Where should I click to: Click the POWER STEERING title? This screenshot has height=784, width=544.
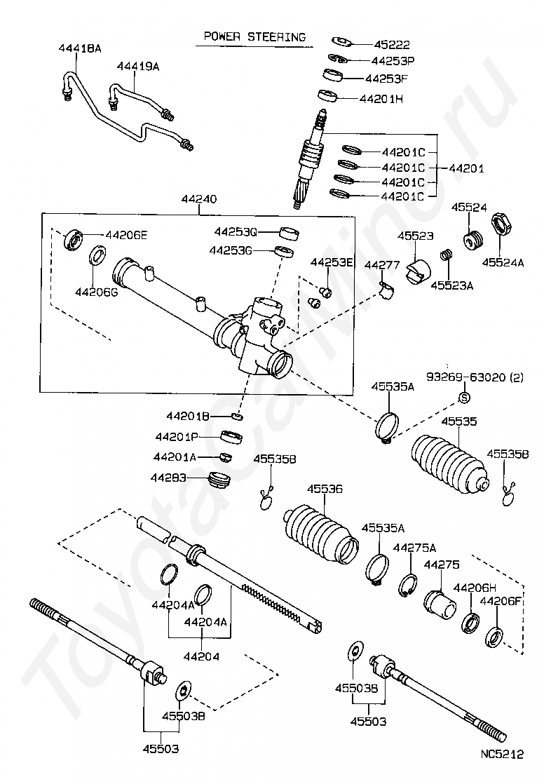254,36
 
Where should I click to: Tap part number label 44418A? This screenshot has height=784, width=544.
79,48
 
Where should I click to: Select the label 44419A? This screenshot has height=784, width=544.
138,66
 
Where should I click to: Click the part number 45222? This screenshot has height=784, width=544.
392,44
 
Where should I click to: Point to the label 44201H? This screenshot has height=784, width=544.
381,98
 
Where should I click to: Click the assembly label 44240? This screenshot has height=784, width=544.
199,199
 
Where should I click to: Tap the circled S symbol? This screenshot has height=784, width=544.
465,398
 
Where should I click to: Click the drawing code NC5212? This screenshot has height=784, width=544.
502,754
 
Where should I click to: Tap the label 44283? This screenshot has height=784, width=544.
168,478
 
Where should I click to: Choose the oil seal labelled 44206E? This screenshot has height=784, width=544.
74,238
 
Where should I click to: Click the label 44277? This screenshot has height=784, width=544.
381,265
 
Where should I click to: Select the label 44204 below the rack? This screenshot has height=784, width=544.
201,656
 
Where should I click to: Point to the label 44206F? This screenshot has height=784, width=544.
501,601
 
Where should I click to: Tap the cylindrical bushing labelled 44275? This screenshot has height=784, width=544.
440,603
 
